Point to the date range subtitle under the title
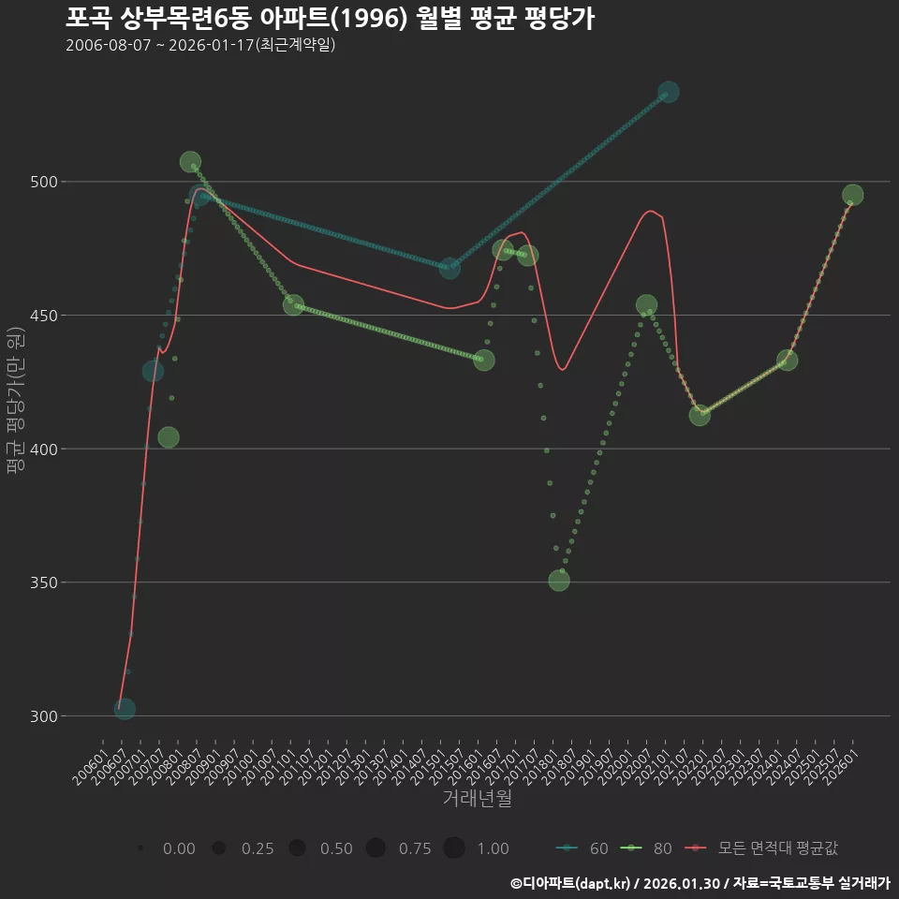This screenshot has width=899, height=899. tap(200, 46)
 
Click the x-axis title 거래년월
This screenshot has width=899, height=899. tap(477, 799)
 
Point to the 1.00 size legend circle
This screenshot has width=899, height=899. tap(454, 848)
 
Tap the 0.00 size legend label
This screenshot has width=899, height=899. tap(179, 848)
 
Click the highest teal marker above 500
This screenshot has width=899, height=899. tap(668, 92)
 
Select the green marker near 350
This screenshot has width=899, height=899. tap(559, 581)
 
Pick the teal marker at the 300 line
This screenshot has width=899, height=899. tap(125, 709)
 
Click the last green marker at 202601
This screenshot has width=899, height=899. tap(852, 195)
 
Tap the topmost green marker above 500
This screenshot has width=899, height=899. tap(190, 162)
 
